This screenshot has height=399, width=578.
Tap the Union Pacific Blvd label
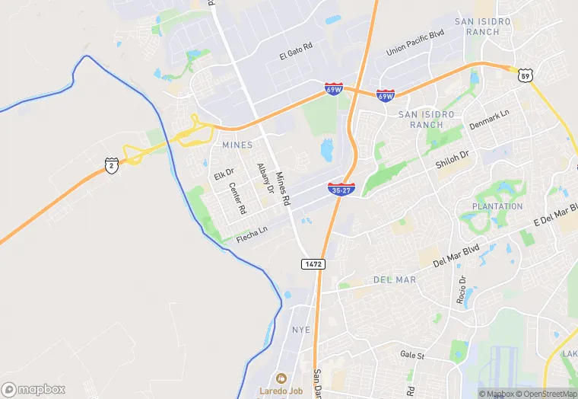tap(414, 42)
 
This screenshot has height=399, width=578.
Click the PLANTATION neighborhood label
tap(497, 206)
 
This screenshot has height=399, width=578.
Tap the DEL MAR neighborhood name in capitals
tap(395, 280)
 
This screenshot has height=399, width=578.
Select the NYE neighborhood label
tap(301, 330)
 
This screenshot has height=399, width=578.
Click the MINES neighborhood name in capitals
tap(237, 145)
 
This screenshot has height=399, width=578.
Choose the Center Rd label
tap(237, 198)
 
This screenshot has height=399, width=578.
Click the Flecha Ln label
tap(252, 231)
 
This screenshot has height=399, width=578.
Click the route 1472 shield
tap(313, 263)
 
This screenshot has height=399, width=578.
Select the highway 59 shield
tap(525, 74)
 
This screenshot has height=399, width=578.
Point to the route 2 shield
tap(112, 165)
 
